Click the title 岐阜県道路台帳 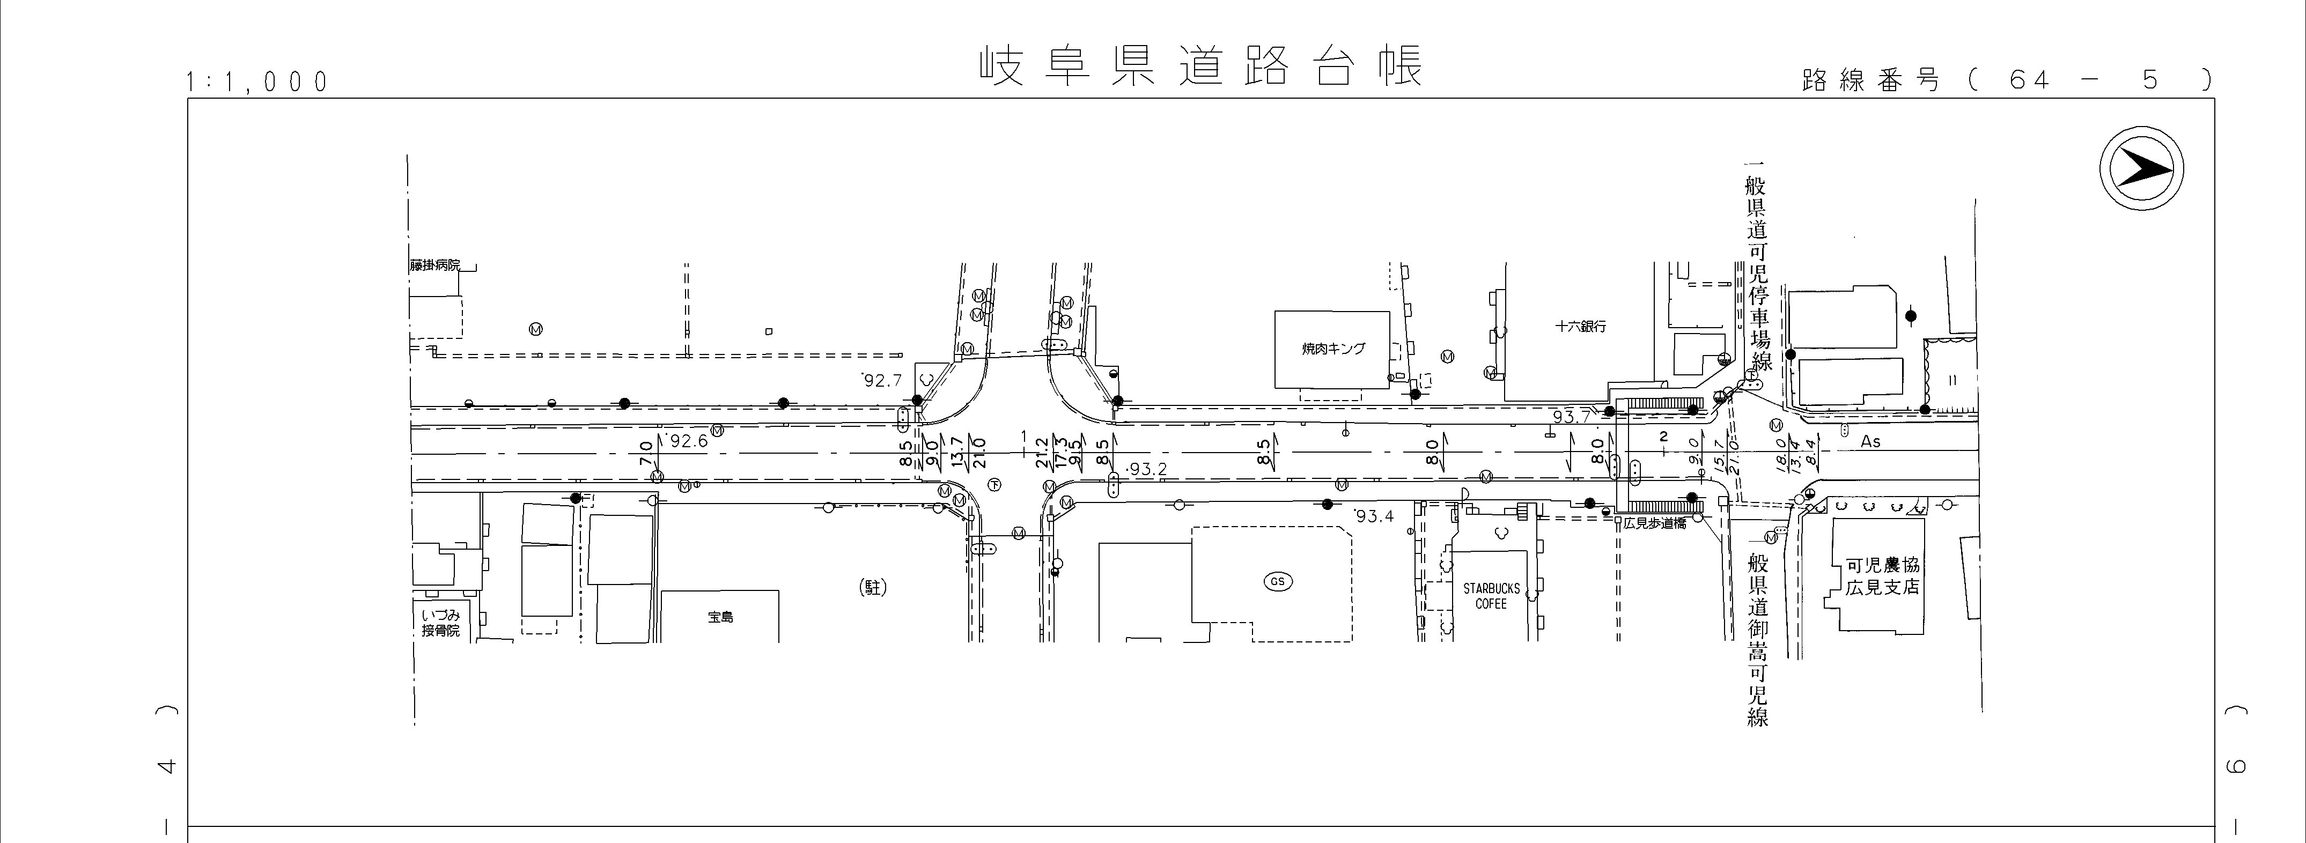(x=1199, y=67)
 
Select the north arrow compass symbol (x=2141, y=168)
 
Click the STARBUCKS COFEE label (x=1491, y=596)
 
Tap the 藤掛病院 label (x=435, y=266)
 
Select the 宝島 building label (x=720, y=617)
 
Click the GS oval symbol (x=1277, y=582)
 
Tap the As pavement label (x=1871, y=441)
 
